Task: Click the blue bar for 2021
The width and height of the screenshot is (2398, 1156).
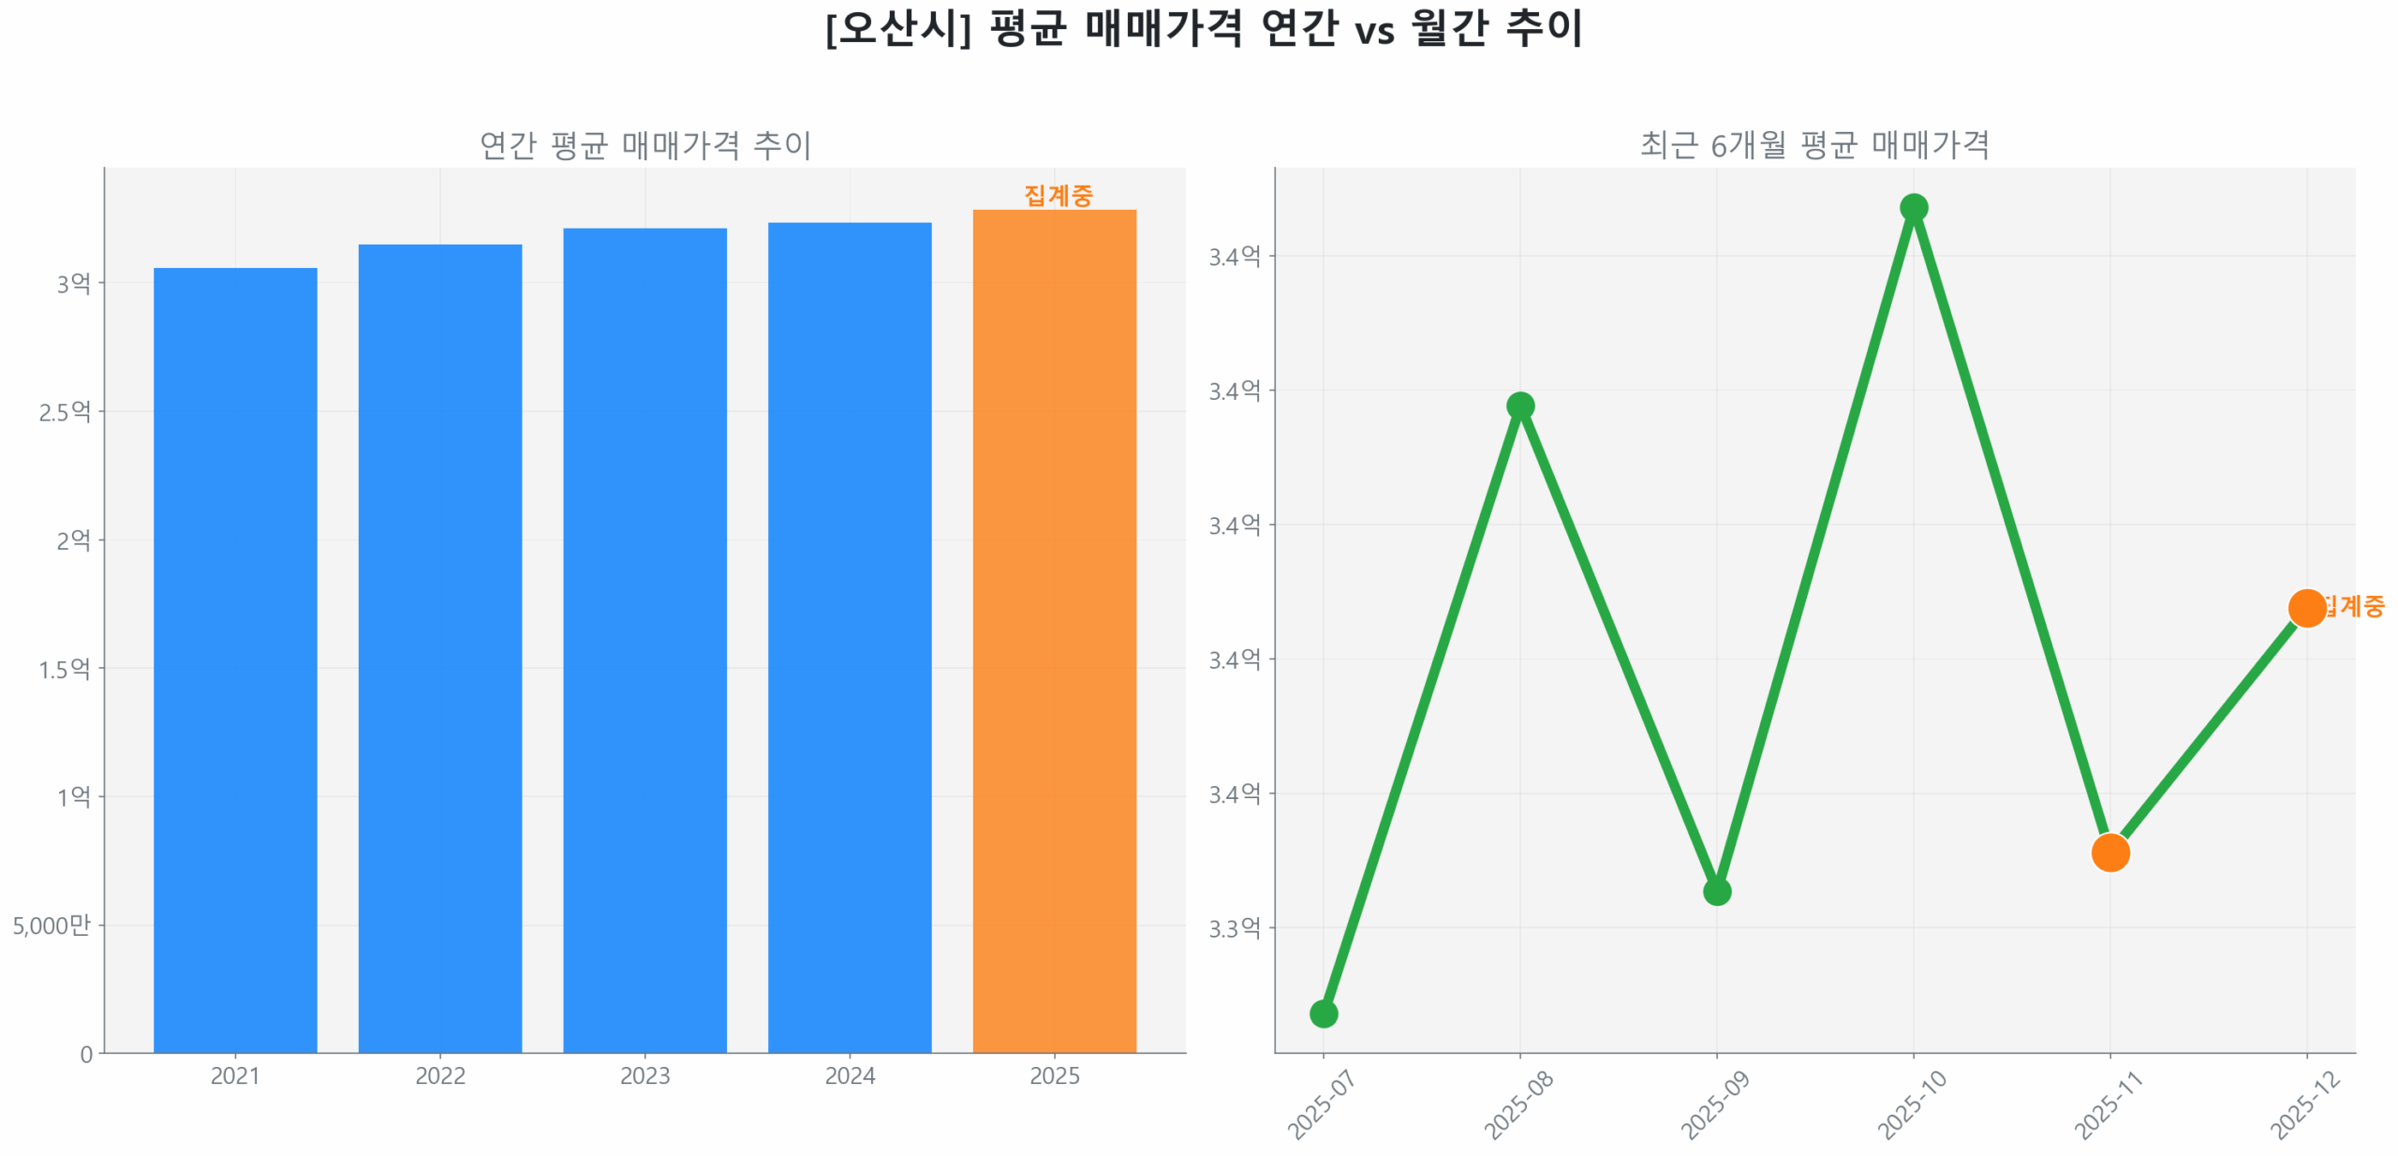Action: click(235, 656)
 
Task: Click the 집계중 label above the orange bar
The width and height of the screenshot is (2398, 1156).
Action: click(1058, 195)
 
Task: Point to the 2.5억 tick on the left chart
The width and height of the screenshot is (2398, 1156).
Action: click(65, 411)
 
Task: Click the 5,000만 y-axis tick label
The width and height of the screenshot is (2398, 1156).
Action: click(52, 925)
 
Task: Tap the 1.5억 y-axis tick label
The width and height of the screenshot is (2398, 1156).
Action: click(65, 668)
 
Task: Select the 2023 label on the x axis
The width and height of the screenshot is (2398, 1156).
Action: click(644, 1074)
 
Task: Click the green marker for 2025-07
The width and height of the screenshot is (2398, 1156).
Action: click(1323, 1013)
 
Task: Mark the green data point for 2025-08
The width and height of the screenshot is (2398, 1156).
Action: click(1519, 406)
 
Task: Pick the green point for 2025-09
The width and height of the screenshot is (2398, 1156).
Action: click(1716, 891)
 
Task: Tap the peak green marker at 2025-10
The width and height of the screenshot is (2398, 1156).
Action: click(1913, 207)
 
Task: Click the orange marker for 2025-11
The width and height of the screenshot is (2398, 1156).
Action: click(2109, 852)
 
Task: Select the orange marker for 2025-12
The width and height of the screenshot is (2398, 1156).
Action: click(2305, 607)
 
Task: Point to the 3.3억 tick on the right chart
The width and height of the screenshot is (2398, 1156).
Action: click(1234, 927)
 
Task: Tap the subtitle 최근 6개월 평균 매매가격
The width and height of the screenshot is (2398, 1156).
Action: click(1813, 144)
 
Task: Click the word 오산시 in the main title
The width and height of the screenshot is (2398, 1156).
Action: click(897, 28)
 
